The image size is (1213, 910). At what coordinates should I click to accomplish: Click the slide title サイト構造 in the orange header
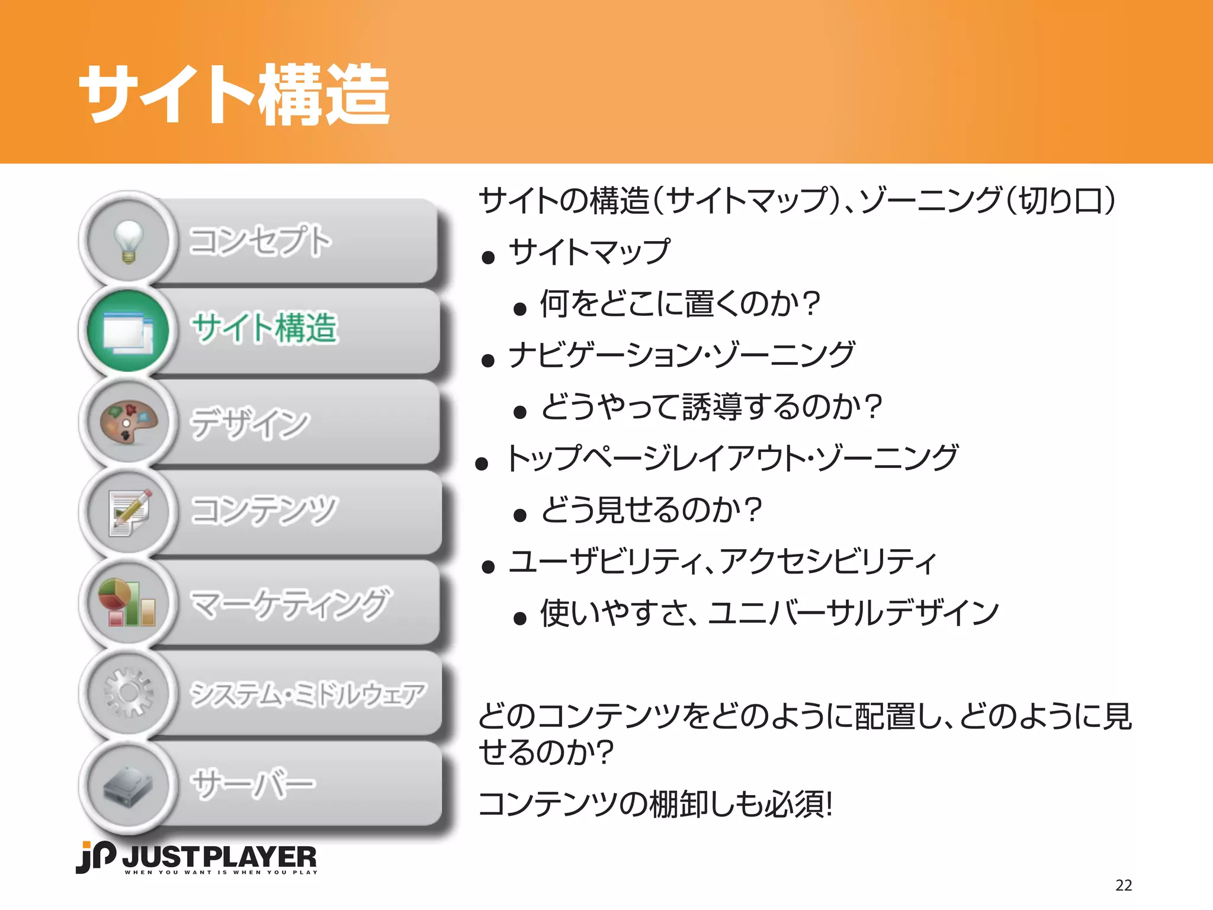(x=234, y=95)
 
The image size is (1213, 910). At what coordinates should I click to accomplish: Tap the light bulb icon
(x=129, y=241)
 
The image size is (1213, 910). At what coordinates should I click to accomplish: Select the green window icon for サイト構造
(x=129, y=331)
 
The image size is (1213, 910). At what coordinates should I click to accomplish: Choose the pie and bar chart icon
(x=127, y=602)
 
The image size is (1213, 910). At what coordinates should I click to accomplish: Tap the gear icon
(x=129, y=693)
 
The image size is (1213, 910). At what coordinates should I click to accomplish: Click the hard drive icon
(x=129, y=784)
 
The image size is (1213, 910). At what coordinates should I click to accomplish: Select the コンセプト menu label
(x=260, y=241)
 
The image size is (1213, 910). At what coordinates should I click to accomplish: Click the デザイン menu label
(x=249, y=423)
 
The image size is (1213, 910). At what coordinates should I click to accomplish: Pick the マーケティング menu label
(x=290, y=604)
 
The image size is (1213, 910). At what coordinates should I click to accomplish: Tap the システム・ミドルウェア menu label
(x=307, y=694)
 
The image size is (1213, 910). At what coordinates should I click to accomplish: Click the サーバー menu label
(x=252, y=784)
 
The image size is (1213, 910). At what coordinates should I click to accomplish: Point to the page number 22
(x=1124, y=885)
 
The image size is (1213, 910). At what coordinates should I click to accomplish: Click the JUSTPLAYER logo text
(x=219, y=857)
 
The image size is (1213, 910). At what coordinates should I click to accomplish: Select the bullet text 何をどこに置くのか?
(x=680, y=304)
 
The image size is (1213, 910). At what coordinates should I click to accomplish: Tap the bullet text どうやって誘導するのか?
(x=711, y=407)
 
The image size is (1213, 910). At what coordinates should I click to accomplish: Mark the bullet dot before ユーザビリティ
(x=488, y=568)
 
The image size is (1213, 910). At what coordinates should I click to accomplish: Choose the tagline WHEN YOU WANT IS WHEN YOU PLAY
(x=221, y=872)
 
